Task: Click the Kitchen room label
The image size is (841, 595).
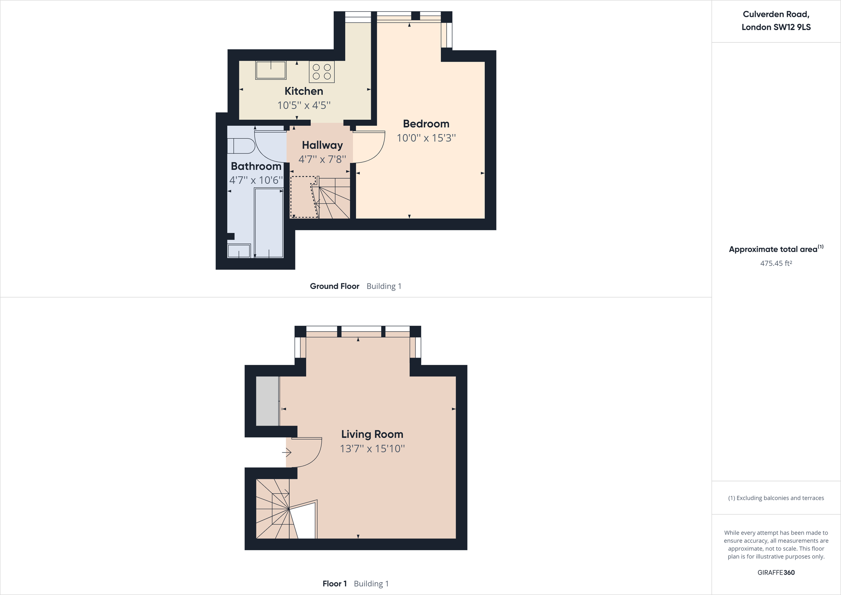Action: coord(304,91)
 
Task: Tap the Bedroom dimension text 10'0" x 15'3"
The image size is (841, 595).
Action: coord(426,138)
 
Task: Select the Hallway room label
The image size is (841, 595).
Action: coord(322,145)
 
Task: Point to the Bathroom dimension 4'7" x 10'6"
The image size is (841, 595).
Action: coord(256,180)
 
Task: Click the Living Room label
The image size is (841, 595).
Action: coord(372,434)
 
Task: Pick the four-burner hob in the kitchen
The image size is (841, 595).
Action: coord(322,72)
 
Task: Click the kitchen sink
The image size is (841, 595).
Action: coord(271,70)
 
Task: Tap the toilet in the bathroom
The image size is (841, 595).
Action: coord(241,146)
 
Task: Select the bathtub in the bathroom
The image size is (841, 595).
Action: coord(269,222)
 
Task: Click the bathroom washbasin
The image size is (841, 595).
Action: coord(239,251)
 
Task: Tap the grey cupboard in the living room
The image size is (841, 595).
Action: coord(267,401)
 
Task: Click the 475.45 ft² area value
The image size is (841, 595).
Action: coord(776,263)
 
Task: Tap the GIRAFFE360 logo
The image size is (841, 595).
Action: coord(776,572)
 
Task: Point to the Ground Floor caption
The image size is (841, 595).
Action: coord(334,286)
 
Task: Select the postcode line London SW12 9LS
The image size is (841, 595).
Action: coord(776,27)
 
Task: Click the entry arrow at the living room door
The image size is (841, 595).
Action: coord(286,453)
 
